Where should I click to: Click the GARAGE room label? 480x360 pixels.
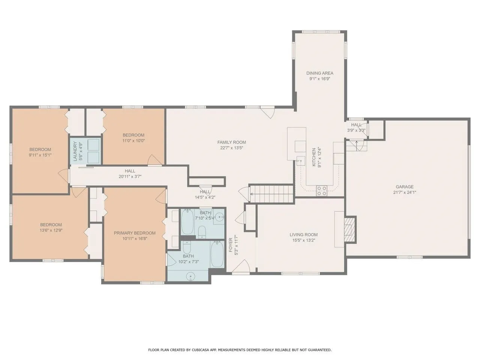pos(405,187)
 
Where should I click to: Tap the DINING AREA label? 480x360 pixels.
pos(320,73)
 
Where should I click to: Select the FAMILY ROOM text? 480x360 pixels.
pos(232,142)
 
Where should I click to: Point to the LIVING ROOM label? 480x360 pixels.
pos(303,235)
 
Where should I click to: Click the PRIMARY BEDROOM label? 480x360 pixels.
pos(135,233)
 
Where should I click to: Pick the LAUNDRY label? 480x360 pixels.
pos(75,151)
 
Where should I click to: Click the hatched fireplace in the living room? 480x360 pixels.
pos(349,229)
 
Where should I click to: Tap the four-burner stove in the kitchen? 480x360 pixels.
pos(322,190)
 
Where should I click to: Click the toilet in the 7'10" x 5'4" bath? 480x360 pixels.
pos(202,232)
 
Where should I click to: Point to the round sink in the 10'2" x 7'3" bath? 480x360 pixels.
pos(191,276)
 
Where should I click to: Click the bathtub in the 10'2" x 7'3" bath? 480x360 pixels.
pos(217,254)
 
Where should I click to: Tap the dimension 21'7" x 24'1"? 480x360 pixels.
pos(405,193)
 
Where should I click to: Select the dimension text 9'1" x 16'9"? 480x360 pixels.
pos(319,79)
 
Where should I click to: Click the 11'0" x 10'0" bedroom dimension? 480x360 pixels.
pos(133,141)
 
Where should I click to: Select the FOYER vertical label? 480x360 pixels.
pos(231,245)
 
